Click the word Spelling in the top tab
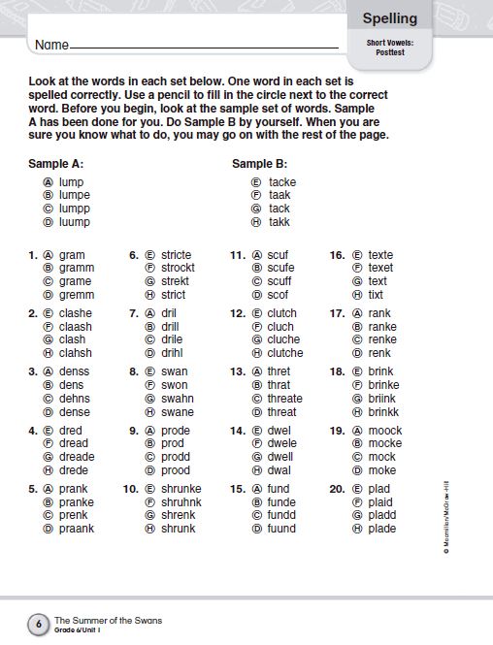coord(389,18)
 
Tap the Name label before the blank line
coord(52,46)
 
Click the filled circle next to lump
coord(47,182)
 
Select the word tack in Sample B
coord(279,209)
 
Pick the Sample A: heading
coord(57,164)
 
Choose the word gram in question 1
coord(72,255)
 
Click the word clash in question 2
coord(73,340)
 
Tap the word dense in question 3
coord(75,412)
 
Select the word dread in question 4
coord(75,443)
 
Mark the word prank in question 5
coord(74,489)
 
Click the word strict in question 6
coord(173,295)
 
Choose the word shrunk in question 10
coord(179,529)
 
